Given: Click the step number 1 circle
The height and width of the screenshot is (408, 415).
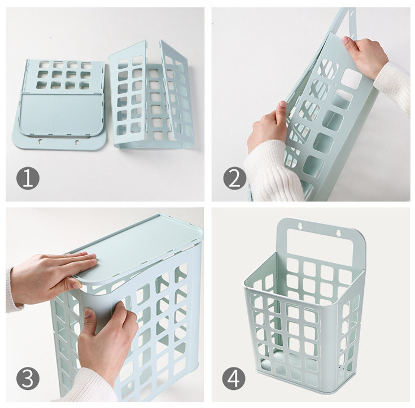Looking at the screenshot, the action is (x=28, y=178).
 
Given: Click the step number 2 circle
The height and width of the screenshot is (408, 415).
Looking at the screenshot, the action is (x=234, y=178).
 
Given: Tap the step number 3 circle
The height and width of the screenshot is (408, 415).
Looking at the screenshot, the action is (x=28, y=378).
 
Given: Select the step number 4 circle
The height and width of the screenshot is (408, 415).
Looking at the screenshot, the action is (x=234, y=378).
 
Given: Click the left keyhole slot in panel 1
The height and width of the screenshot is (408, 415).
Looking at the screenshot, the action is (x=40, y=141).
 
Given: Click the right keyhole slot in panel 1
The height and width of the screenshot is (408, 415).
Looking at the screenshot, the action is (x=77, y=142).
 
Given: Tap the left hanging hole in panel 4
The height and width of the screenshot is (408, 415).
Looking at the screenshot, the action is (x=300, y=226).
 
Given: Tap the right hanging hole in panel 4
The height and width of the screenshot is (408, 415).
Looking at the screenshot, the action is (x=338, y=233).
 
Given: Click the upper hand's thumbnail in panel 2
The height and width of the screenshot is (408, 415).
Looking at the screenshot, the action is (x=346, y=40).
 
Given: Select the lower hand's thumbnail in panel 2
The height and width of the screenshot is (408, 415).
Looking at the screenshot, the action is (x=282, y=104).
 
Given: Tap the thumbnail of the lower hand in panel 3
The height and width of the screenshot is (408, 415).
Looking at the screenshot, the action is (x=88, y=312).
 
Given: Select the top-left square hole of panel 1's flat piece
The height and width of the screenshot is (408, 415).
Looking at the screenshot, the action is (x=44, y=64).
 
